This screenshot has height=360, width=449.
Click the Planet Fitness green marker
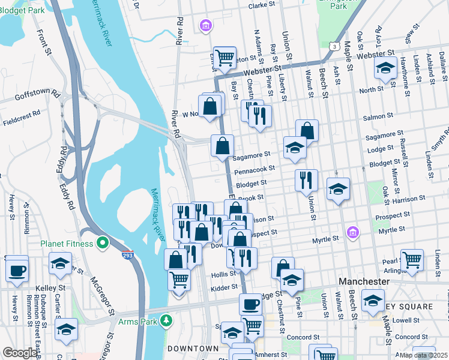click(x=102, y=244)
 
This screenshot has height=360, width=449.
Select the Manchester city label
click(x=364, y=281)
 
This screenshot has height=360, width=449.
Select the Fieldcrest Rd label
click(x=20, y=112)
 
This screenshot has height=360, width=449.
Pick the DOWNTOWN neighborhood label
click(x=193, y=349)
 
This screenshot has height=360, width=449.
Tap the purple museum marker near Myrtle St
click(x=352, y=232)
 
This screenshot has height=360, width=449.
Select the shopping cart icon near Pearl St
click(x=412, y=260)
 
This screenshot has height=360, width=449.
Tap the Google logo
click(x=19, y=353)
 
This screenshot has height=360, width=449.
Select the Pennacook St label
click(x=255, y=171)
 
